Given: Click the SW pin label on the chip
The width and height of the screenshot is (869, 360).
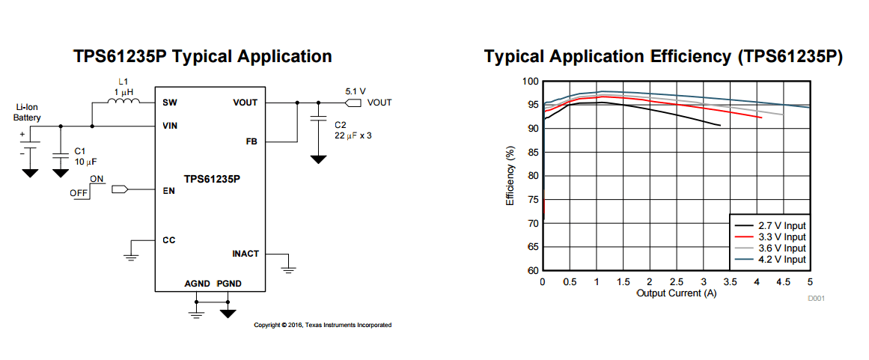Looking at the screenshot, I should click(x=169, y=103).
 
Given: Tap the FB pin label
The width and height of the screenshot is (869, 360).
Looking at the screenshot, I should click(x=251, y=141).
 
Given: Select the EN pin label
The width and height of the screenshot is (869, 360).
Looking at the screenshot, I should click(x=168, y=190).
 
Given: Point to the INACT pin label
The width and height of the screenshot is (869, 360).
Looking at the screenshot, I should click(x=246, y=254).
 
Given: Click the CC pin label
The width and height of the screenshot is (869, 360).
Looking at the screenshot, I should click(x=169, y=240).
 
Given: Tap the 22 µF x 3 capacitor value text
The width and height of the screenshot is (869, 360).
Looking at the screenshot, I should click(x=353, y=135).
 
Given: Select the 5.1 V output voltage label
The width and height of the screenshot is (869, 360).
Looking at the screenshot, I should click(x=355, y=91).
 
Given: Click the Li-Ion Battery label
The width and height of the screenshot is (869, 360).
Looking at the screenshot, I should click(x=28, y=112).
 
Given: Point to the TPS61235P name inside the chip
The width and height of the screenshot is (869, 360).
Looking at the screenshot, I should click(x=213, y=179).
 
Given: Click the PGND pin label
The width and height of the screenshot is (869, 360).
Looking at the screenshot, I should click(x=229, y=284).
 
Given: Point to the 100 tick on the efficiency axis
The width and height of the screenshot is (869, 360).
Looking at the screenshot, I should click(x=530, y=81).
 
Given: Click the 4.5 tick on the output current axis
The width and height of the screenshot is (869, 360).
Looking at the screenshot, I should click(x=783, y=282).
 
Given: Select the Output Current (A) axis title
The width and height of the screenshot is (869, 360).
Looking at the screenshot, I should click(x=676, y=293).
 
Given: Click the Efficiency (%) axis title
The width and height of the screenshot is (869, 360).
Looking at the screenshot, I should click(x=510, y=177).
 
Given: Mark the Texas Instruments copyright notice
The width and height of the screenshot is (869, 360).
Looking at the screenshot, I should click(x=323, y=325).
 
